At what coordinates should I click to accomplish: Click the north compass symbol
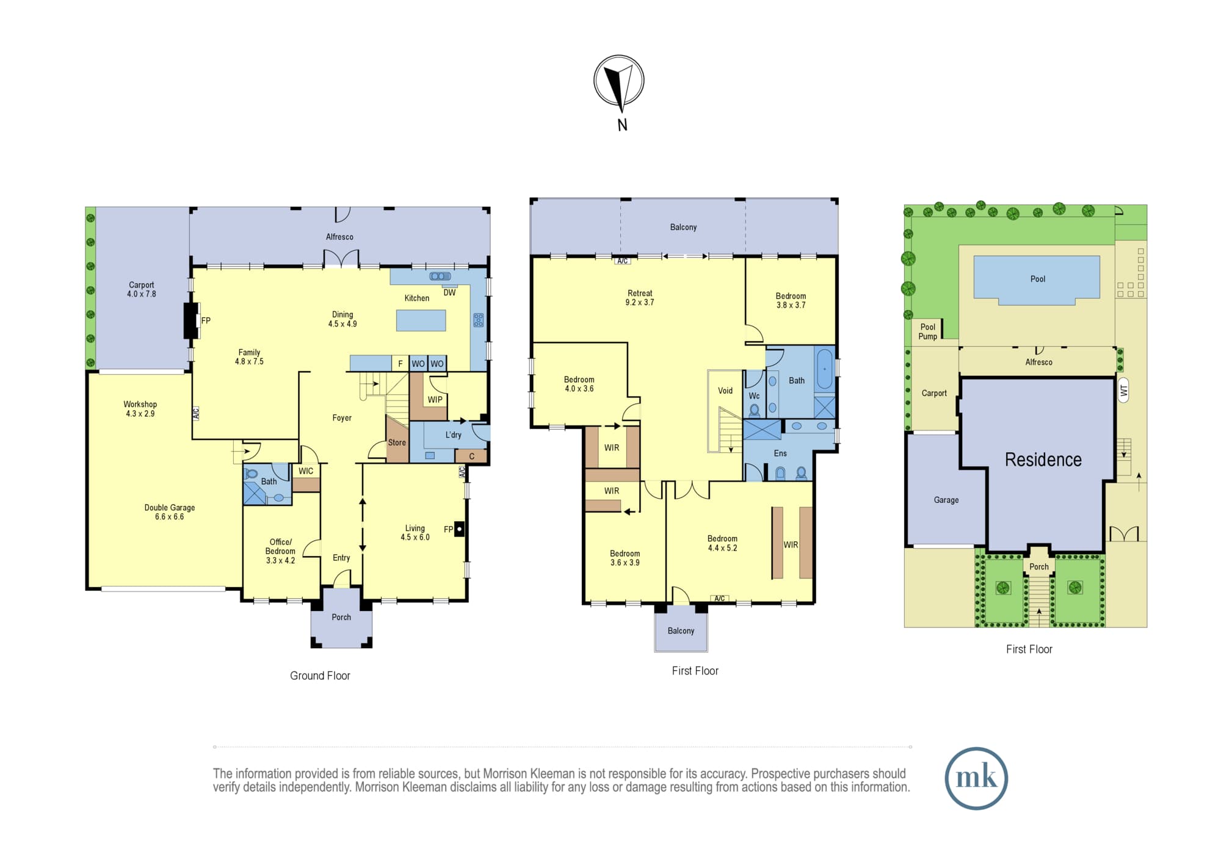coord(619,81)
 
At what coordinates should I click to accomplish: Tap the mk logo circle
coord(976,778)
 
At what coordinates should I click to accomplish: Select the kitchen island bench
coord(421,320)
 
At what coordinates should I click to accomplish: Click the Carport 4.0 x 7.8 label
coord(142,289)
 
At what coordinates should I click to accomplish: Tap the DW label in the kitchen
coord(449,292)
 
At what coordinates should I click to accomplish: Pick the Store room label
coord(397,442)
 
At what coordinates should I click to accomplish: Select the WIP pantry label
coord(435,400)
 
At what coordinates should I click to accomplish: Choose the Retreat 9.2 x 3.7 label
coord(640,298)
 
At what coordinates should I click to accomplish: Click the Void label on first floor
coord(725,391)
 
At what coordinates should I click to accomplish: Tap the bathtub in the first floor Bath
coord(824,369)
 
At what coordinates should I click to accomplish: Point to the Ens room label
coord(780,453)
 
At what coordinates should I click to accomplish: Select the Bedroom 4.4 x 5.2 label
coord(722,543)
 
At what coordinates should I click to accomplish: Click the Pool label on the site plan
coord(1038,279)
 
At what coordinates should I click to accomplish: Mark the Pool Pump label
coord(928,331)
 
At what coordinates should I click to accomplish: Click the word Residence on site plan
coord(1043,460)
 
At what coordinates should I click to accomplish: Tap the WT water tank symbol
coord(1124,390)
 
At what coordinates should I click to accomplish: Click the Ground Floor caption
coord(320,676)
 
